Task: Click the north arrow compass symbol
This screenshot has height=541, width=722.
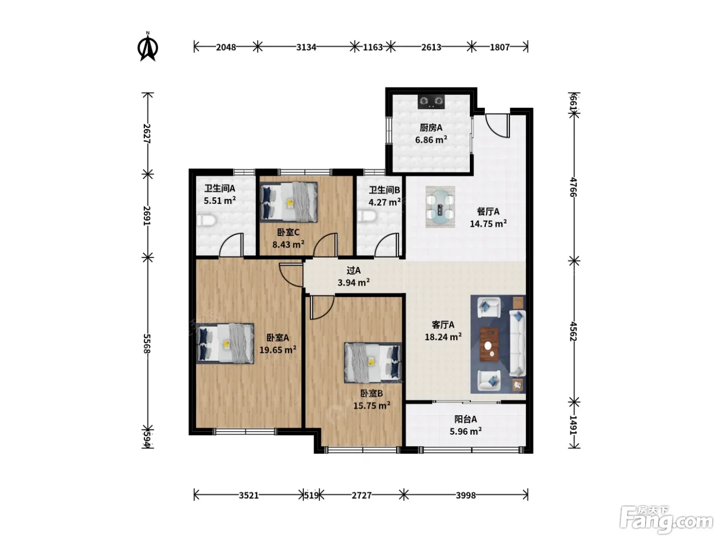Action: coord(147,47)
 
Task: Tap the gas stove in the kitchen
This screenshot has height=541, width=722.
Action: coord(431,102)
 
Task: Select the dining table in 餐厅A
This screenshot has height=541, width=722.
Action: coord(440,207)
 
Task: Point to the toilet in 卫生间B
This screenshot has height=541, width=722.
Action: coord(367,216)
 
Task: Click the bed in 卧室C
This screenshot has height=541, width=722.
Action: coord(289,202)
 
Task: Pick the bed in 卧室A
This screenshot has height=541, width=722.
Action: coord(225,343)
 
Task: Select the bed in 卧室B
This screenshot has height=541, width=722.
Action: coord(373,363)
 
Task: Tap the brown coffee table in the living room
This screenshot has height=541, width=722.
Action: coord(489,344)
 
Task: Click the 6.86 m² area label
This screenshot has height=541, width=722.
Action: coord(431,140)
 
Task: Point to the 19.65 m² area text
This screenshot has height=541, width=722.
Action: coord(277,350)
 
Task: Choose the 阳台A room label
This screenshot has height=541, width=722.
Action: coord(466,419)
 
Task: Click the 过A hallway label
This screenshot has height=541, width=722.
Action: coord(354,270)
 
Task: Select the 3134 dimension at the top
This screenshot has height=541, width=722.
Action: coord(306,47)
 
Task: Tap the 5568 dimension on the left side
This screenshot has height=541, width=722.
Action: coord(147,344)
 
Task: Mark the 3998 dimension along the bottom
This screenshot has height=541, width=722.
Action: coord(466,495)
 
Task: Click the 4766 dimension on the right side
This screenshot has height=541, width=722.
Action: coord(573,187)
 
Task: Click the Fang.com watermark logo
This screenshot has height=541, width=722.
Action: coord(666,519)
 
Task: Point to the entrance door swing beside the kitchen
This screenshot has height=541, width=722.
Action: coord(497,126)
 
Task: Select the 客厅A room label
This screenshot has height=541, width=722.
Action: coord(443,325)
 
